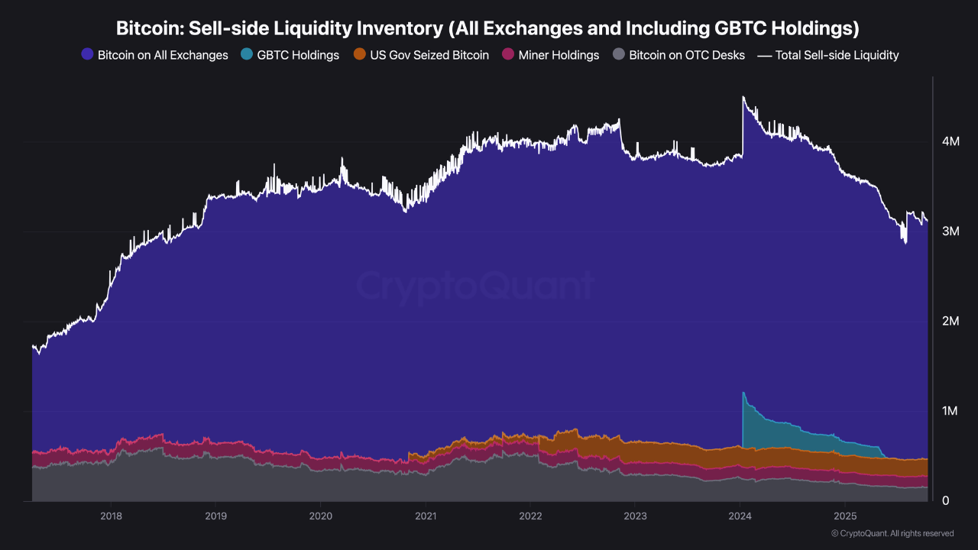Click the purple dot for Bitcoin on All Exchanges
coord(87,55)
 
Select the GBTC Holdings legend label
coord(298,55)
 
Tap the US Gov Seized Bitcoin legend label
coord(429,55)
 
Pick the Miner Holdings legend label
coord(559,55)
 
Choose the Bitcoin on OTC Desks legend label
coord(687,55)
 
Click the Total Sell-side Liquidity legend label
coord(837,55)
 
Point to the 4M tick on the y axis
coord(950,141)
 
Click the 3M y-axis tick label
coord(950,231)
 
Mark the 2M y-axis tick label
coord(950,322)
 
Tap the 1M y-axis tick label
coord(950,412)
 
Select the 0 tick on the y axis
coord(945,501)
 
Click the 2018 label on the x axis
coord(112,515)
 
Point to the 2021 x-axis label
coord(426,515)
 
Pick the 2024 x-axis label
coord(740,515)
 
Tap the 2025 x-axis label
coord(845,515)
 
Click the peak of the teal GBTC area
coord(743,393)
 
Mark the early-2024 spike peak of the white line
coord(743,97)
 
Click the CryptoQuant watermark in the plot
coord(474,287)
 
